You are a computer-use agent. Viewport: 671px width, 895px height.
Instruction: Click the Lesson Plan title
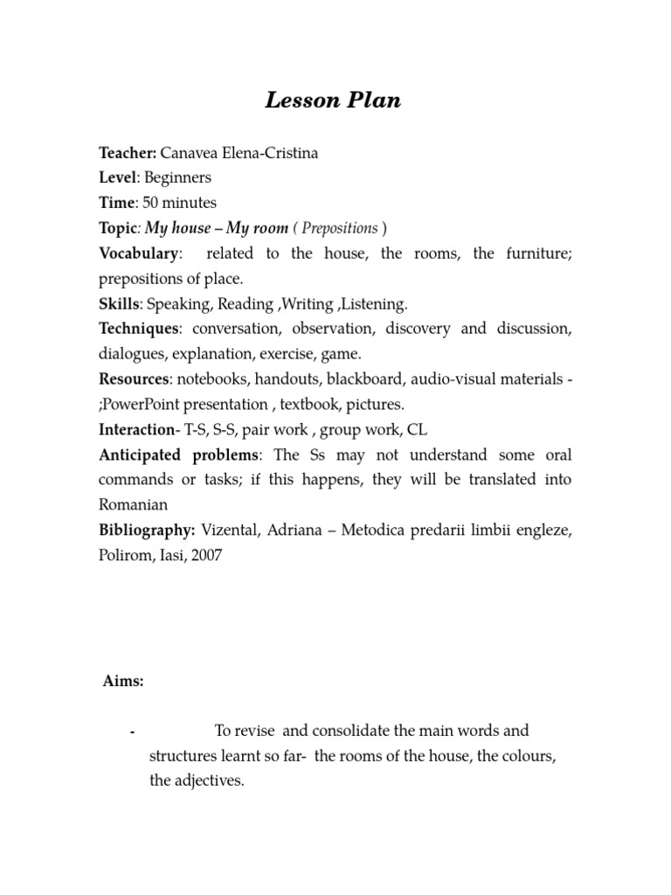click(333, 101)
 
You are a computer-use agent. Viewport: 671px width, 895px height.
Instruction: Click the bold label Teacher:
click(127, 153)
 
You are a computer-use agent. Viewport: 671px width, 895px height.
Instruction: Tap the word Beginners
click(177, 177)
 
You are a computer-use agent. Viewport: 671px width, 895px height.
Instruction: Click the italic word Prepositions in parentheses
click(340, 228)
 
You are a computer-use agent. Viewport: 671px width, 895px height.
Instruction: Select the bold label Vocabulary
click(138, 253)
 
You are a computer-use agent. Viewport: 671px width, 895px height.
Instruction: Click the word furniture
click(539, 253)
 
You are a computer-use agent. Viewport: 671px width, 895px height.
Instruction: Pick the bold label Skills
click(119, 304)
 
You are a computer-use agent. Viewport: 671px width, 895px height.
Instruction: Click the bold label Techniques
click(139, 329)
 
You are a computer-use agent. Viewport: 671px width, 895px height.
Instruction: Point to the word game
click(342, 354)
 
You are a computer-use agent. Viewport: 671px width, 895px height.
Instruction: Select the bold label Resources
click(134, 379)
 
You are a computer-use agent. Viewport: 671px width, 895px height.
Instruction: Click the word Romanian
click(133, 505)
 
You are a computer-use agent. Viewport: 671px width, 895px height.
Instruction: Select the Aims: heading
click(123, 682)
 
